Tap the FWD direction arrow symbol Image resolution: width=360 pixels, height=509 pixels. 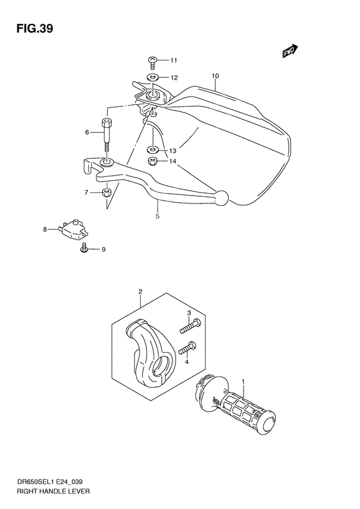290,52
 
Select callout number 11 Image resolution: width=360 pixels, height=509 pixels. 174,60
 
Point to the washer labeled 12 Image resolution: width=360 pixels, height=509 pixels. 153,78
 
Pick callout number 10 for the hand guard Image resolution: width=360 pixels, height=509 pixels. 215,76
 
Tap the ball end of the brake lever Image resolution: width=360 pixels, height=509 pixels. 222,197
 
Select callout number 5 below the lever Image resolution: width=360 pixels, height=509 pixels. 157,217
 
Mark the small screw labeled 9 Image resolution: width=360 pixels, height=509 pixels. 84,248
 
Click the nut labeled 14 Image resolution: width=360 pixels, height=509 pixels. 153,161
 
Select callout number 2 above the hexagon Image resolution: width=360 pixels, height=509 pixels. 140,292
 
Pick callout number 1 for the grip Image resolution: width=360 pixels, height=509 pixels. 244,383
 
